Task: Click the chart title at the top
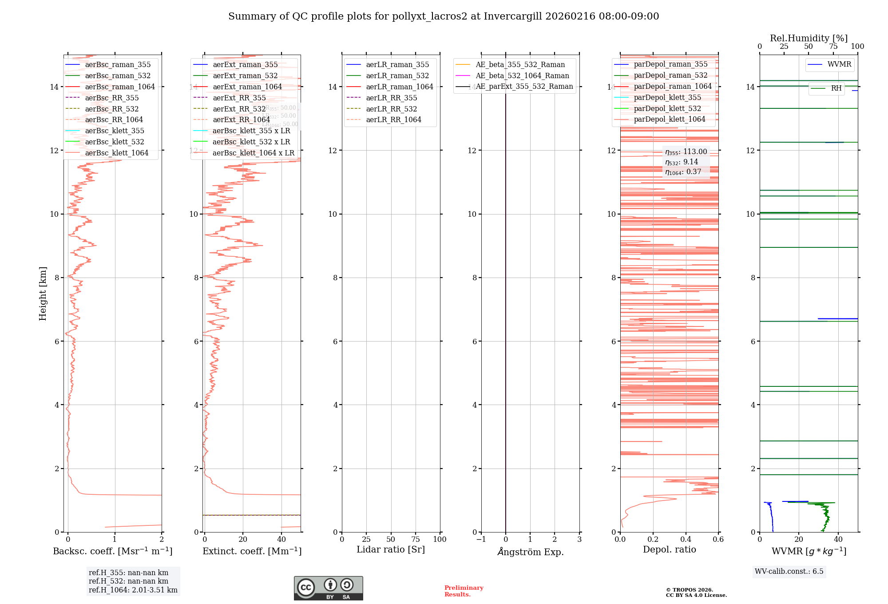444,16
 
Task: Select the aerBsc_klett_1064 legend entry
116,153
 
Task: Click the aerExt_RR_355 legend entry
239,98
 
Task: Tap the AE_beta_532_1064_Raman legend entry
522,75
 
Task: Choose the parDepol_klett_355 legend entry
667,97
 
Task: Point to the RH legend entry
836,88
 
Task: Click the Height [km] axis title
43,294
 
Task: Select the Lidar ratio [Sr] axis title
391,549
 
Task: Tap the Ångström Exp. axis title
531,552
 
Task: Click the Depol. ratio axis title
669,549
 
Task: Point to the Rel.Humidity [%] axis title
809,38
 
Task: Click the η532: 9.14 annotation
682,162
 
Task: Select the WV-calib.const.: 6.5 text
789,571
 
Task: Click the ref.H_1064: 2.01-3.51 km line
133,590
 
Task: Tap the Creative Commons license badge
328,588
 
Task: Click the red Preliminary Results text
464,591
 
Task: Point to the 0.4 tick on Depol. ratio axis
686,539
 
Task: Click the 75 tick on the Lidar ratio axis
416,539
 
